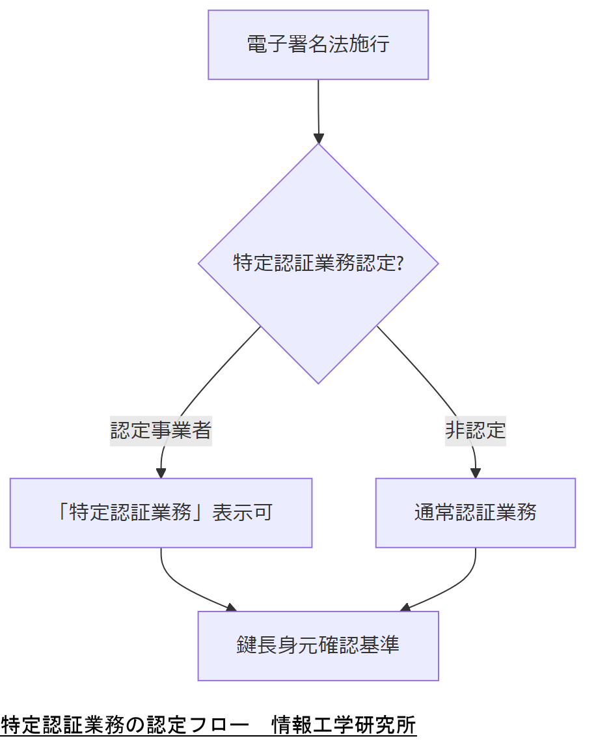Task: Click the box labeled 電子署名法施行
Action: (x=318, y=44)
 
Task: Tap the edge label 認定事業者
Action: (x=161, y=430)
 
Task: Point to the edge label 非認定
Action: (x=475, y=430)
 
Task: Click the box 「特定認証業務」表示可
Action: (x=161, y=513)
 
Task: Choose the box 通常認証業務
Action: (x=475, y=513)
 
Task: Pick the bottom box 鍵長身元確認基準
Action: (x=318, y=645)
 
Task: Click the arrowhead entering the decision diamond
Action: (x=318, y=138)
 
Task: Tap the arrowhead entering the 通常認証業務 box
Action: (x=475, y=473)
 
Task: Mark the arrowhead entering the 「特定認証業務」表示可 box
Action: (x=161, y=473)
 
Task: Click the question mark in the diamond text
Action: (x=400, y=264)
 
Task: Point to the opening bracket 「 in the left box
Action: (x=61, y=513)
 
